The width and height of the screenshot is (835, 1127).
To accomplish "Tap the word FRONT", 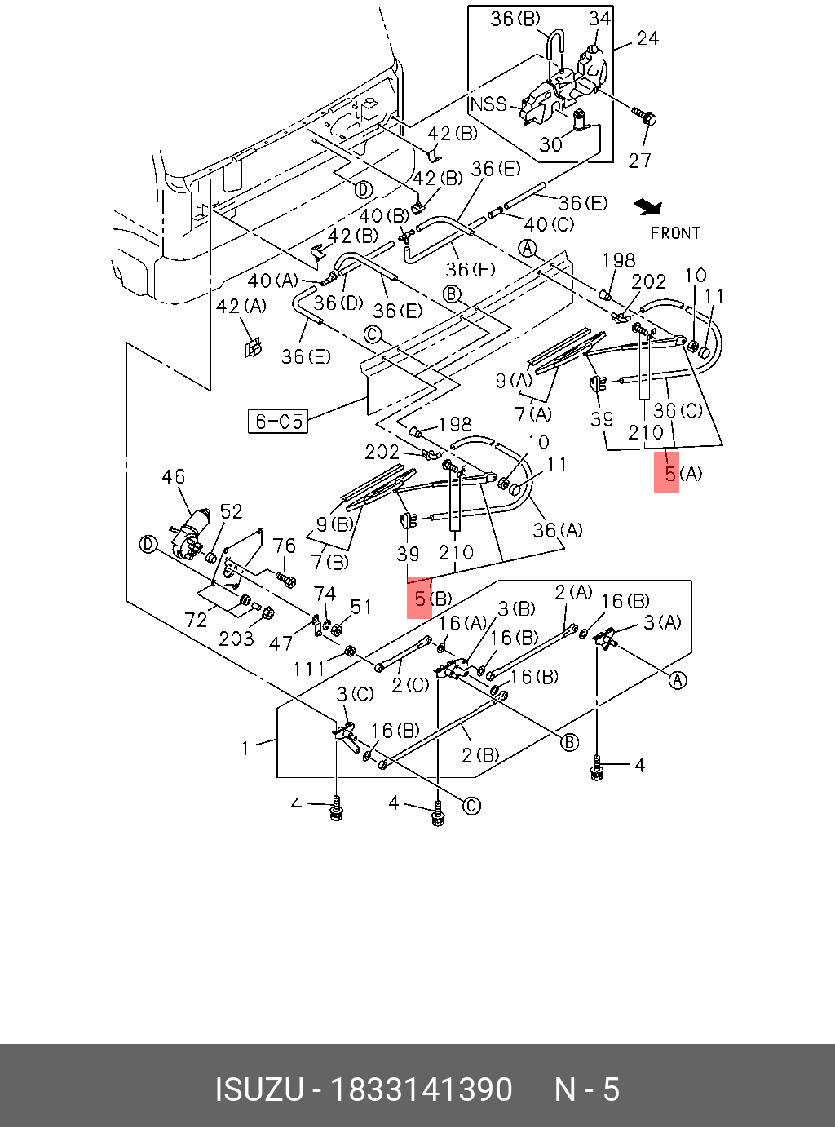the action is coord(675,233).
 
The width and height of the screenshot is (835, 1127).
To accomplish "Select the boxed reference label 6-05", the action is coord(278,422).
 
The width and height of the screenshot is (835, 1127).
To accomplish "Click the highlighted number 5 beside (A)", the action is coord(670,474).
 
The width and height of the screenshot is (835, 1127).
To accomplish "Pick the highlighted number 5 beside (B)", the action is coord(420,599).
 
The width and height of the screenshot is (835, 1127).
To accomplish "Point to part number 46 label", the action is coord(174,476).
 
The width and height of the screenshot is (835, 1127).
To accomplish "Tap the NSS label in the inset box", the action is coord(488,104).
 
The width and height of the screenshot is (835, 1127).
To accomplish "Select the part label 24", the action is coord(647,38).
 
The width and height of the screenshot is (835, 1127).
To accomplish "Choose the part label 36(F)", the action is coord(471,269).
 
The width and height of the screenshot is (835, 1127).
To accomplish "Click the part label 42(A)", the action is coord(241,307).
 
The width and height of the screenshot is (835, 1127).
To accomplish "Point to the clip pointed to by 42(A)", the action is coord(253,347).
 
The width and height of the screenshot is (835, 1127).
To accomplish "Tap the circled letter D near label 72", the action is coord(147,546).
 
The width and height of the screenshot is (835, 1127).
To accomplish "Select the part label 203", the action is coord(236,639).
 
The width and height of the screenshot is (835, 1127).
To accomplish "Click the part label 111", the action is coord(309,670).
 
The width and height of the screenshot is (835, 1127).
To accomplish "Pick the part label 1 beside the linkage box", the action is coord(245,749).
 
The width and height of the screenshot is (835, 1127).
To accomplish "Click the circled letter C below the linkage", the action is coord(471,806).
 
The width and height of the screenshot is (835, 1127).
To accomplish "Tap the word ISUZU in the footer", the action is coord(259,1090).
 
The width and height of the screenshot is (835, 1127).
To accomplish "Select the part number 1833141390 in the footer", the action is coord(422,1090).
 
